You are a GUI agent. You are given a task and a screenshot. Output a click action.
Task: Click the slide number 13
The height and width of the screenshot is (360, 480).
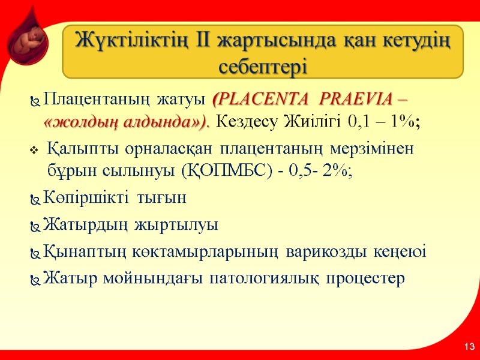469,347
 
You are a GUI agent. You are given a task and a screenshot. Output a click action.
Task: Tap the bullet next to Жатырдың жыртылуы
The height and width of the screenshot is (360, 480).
34,226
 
